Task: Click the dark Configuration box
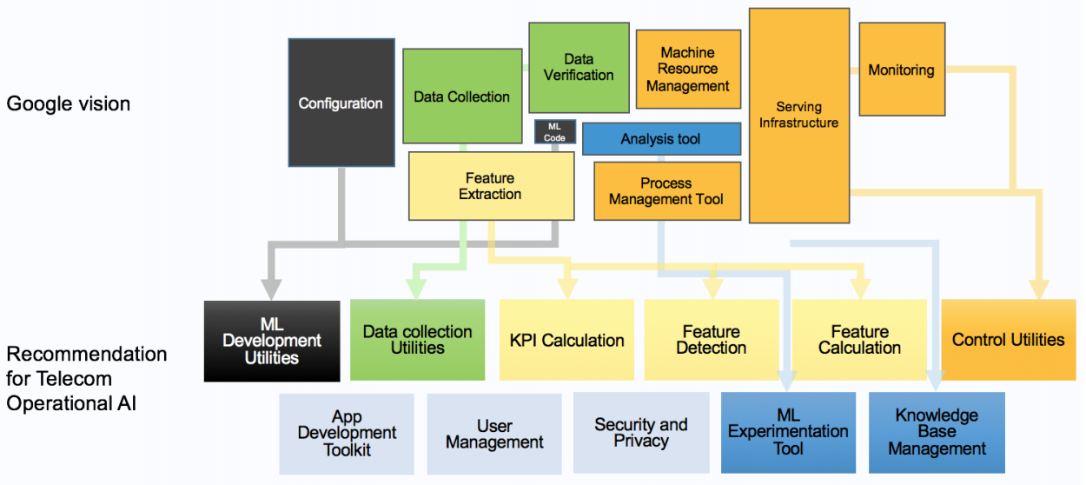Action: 340,103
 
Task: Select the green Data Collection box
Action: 461,96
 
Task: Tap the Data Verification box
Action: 579,67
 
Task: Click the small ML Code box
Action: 555,132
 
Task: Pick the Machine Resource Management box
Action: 687,70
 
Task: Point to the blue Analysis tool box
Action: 660,139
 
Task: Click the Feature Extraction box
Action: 491,185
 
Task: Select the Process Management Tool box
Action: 666,191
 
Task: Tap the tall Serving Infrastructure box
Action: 798,115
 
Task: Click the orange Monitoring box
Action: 901,70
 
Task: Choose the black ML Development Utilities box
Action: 272,341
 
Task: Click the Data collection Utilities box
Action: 417,340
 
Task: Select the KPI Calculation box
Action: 566,340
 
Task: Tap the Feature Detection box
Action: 712,340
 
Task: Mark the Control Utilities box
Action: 1008,340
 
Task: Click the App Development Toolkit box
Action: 347,433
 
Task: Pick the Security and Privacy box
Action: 640,432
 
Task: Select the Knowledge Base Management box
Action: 937,432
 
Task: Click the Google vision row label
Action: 69,103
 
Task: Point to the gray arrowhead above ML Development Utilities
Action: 272,289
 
